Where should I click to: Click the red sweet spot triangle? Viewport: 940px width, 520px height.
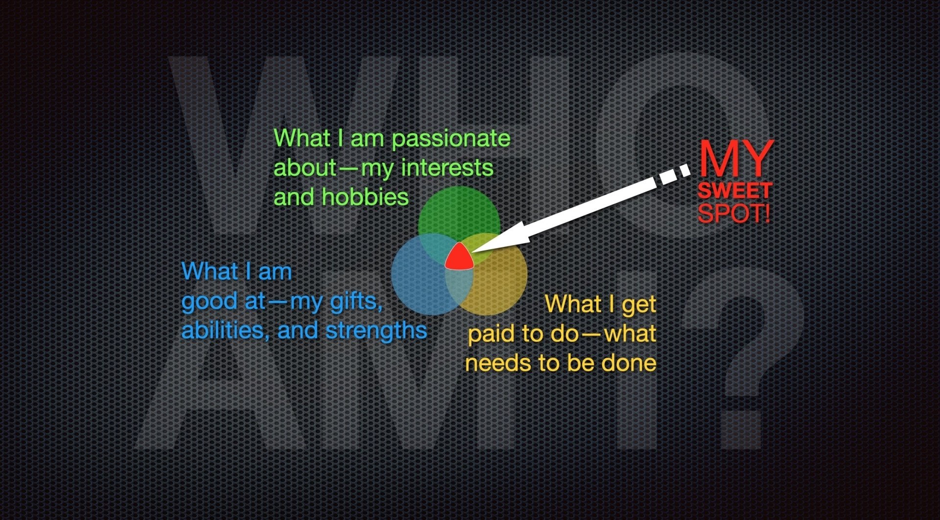tap(459, 257)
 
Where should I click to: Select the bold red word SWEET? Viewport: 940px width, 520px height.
tap(735, 190)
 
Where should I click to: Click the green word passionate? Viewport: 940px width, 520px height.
tap(451, 139)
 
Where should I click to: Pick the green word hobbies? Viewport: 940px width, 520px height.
tap(365, 197)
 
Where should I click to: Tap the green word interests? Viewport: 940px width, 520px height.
tap(447, 168)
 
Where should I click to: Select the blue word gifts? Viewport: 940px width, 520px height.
tap(356, 301)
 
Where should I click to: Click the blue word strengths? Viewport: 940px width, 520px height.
tap(376, 331)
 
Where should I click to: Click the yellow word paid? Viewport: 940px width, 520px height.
tap(492, 334)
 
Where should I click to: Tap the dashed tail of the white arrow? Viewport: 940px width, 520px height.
tap(673, 175)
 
